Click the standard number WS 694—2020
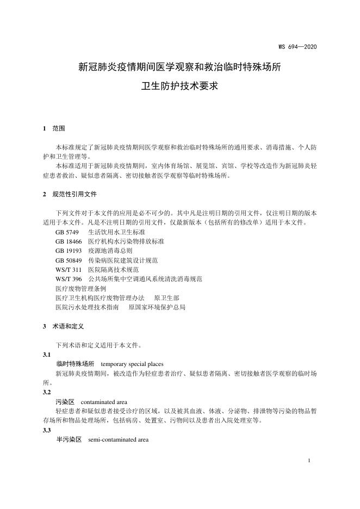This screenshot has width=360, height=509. point(297,47)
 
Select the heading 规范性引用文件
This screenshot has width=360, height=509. point(75,194)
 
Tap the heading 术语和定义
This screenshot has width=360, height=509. point(67,327)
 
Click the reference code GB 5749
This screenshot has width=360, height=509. point(67,232)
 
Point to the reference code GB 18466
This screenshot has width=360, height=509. point(69,241)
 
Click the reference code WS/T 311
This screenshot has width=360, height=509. point(68,269)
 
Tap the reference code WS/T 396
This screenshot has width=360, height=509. point(68,278)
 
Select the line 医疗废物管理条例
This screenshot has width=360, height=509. point(80,288)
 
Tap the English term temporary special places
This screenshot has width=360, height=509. point(132,364)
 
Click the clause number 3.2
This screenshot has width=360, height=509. point(46,392)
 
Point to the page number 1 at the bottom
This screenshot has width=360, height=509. point(309,461)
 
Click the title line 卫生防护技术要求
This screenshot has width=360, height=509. point(179,86)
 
